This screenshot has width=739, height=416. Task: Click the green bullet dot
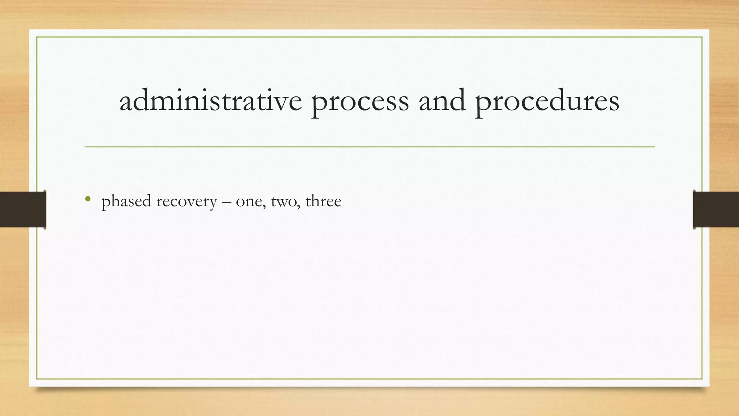pyautogui.click(x=88, y=199)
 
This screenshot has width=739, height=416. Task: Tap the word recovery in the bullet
pyautogui.click(x=186, y=202)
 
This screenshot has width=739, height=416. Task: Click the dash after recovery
pyautogui.click(x=226, y=202)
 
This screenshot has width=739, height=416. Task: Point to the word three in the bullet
pyautogui.click(x=323, y=201)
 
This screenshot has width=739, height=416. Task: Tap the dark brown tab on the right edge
pyautogui.click(x=716, y=209)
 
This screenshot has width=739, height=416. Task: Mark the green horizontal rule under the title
pyautogui.click(x=369, y=147)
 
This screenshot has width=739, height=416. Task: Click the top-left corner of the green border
pyautogui.click(x=37, y=37)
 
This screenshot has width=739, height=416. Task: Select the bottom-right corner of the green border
pyautogui.click(x=702, y=379)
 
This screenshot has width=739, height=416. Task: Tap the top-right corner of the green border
pyautogui.click(x=702, y=37)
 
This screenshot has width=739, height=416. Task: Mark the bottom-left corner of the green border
pyautogui.click(x=37, y=379)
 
